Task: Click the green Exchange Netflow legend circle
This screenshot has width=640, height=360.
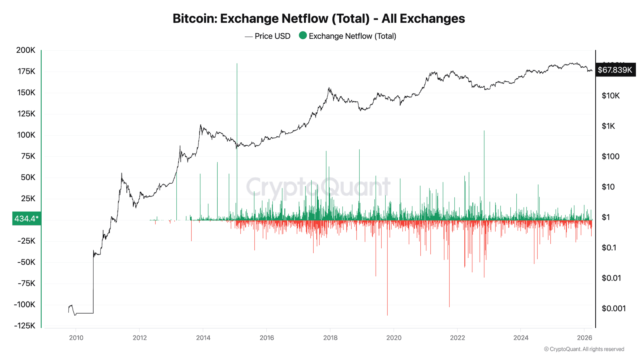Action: tap(303, 36)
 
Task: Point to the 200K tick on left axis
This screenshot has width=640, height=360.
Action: tap(26, 50)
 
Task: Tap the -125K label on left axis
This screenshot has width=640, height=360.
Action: tap(24, 326)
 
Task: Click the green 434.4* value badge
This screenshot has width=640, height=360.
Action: tap(26, 218)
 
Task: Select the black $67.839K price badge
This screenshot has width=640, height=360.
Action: tap(615, 70)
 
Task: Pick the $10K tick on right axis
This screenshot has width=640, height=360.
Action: tap(610, 96)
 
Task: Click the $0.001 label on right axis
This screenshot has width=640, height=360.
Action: tap(613, 308)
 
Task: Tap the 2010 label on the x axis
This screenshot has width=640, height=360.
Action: tap(76, 338)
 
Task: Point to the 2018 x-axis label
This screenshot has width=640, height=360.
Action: tap(330, 338)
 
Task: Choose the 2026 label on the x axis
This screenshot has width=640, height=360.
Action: tap(584, 338)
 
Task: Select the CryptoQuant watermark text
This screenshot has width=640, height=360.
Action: tap(318, 187)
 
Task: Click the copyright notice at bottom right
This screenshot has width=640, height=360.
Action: tap(584, 349)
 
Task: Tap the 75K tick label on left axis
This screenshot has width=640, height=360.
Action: tap(28, 156)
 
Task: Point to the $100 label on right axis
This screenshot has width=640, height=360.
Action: tap(610, 156)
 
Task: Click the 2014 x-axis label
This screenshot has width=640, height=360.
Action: tap(203, 338)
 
